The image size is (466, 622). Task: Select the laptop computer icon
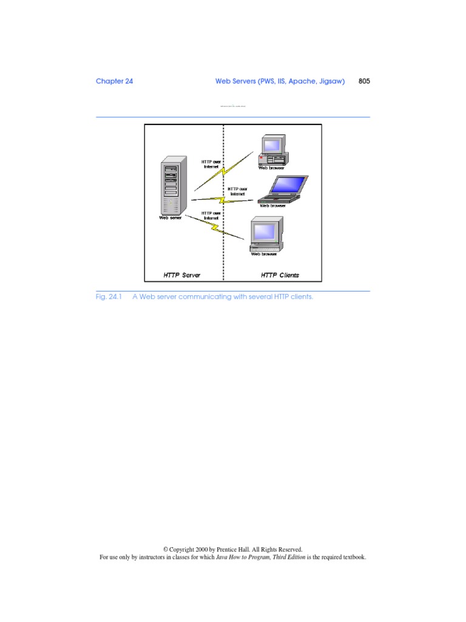coord(282,189)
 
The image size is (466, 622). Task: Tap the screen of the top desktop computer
coord(271,145)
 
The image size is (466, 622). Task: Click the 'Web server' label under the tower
coord(171,217)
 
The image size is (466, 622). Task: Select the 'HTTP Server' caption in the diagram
coord(181,275)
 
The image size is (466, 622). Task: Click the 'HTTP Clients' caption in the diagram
coord(280,275)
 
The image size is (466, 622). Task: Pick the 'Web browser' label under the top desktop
coord(272,168)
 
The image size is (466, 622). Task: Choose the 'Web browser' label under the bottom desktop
coord(264,254)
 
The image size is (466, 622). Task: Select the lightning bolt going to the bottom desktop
coord(214,227)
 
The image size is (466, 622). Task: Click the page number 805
coord(364,81)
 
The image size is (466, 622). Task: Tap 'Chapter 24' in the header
coord(114,81)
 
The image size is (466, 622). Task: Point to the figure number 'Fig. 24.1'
coord(109,298)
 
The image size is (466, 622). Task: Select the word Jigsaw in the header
coord(332,81)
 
